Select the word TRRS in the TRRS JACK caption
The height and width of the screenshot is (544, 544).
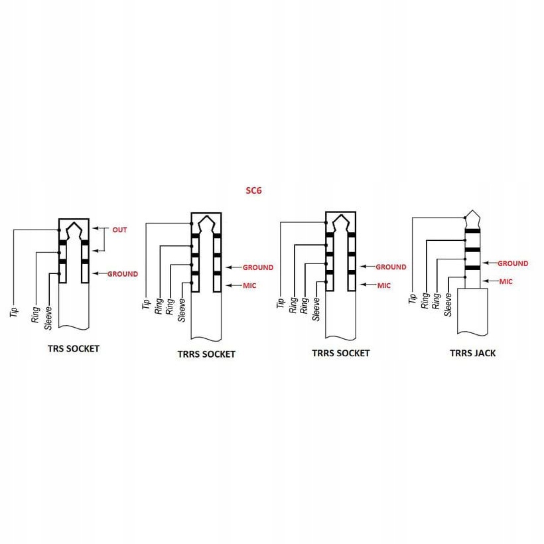pos(462,353)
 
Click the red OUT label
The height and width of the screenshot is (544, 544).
pos(119,230)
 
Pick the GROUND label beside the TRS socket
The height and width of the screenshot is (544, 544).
pos(123,274)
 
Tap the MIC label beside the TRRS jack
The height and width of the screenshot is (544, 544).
pos(506,281)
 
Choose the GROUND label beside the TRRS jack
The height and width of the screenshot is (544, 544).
pos(513,263)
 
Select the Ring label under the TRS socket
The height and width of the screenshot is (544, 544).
pos(35,314)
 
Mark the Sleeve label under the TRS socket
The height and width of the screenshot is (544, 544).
pos(48,318)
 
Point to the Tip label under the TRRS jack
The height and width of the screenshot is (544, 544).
pos(413,299)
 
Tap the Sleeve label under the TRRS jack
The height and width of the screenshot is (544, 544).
pos(448,305)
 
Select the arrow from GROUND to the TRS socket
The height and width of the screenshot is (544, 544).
pos(99,274)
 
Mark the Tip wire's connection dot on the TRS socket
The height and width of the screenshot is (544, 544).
pos(58,230)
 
